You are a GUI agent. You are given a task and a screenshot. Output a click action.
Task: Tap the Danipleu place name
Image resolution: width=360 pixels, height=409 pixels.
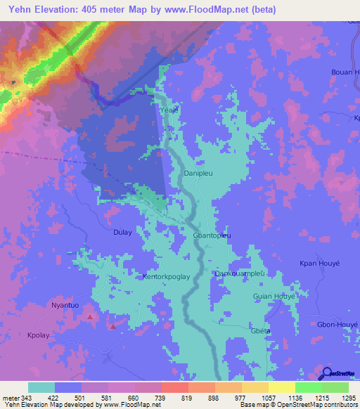coord(198,172)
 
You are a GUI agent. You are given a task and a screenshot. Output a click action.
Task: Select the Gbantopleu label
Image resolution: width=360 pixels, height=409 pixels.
coord(212,236)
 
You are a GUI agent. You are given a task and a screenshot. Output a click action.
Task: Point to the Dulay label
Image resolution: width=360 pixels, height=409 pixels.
coord(122,231)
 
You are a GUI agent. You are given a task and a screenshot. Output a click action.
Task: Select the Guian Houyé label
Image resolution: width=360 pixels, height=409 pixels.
coord(274,297)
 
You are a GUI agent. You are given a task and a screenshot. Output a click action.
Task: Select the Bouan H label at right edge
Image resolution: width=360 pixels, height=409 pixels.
coord(345,72)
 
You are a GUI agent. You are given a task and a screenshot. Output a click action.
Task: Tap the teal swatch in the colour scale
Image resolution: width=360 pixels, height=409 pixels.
coord(41,387)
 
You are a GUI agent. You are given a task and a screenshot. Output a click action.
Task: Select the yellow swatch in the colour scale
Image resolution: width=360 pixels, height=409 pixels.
coord(281,387)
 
